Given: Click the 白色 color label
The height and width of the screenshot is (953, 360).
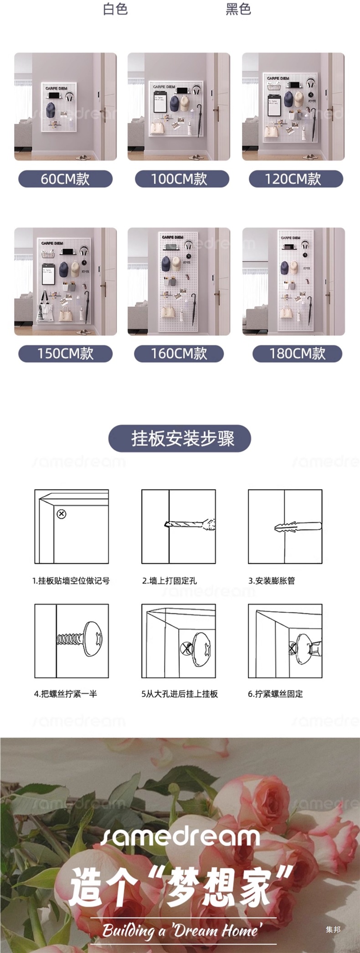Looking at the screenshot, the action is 115,9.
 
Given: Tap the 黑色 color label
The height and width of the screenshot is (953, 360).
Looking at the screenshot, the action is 238,9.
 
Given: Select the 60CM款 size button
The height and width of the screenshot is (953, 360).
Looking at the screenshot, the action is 65,179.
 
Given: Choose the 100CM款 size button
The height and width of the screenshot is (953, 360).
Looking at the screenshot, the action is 181,179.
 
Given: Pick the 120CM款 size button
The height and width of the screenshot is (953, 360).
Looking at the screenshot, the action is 295,179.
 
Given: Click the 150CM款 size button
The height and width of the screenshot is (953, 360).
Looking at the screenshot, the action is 65,354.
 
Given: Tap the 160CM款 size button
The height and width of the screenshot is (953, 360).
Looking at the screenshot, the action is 179,354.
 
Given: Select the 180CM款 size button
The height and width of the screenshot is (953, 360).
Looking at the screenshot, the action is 297,354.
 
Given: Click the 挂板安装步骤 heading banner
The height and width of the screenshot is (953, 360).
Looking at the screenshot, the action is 180,438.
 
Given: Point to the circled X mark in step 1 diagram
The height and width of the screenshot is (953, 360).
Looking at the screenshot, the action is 62,514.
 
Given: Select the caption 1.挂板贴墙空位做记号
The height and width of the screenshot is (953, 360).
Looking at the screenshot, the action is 71,580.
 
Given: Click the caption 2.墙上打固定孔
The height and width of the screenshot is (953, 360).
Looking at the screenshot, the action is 170,580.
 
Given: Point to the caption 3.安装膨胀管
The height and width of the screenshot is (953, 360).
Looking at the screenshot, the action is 272,580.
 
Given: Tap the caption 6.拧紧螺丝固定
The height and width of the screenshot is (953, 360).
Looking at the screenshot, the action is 275,694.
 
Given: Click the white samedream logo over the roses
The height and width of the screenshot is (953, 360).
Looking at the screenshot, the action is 180,837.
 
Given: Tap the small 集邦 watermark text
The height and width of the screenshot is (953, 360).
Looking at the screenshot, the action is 333,929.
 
